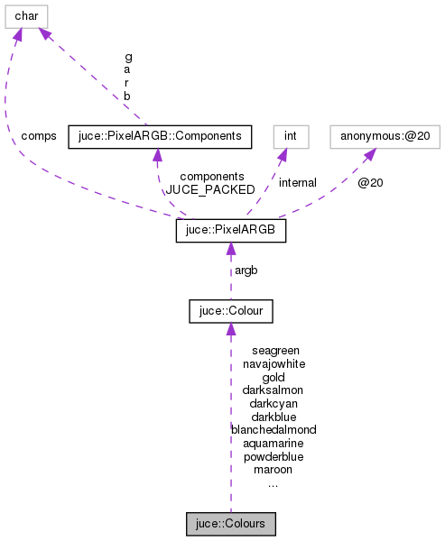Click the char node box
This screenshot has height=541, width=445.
coord(26,15)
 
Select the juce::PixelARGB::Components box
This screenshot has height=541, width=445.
coord(159,137)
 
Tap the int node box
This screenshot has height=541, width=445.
coord(291,137)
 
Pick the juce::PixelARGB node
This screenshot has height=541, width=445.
coord(230,232)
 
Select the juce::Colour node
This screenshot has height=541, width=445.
coord(230,312)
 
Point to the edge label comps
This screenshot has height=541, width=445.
coord(39,136)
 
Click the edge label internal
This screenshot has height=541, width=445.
coord(297,183)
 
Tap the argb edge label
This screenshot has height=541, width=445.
coord(246,271)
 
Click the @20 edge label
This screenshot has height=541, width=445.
coord(370,183)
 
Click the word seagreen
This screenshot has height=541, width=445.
coord(275,350)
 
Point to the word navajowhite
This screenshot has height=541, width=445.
coord(273,363)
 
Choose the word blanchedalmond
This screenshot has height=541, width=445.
coord(273,430)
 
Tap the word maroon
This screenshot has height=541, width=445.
coord(273,470)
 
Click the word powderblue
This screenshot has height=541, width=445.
coord(273,456)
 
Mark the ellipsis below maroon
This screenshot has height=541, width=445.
coord(273,484)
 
